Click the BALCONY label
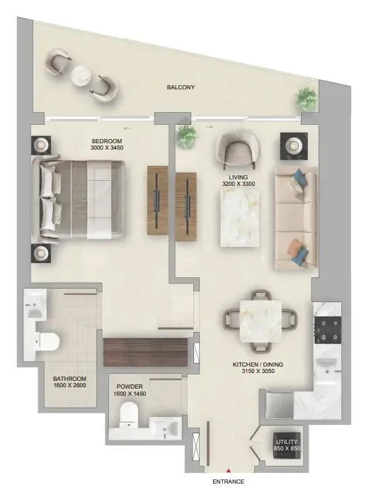pos(181,87)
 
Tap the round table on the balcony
pos(81,75)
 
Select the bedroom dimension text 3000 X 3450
pos(107,148)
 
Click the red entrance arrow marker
pos(229,471)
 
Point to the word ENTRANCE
pos(228,482)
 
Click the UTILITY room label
pos(287,442)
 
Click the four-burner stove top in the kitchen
pos(328,330)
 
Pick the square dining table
pos(261,321)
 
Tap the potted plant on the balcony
pos(306,98)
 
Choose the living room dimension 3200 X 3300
pos(239,184)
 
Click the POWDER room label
pos(130,386)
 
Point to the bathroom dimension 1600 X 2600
pos(69,385)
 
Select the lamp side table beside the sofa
pos(294,146)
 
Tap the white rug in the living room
pos(240,217)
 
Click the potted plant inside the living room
pos(188,136)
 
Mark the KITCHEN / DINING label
pos(258,365)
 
